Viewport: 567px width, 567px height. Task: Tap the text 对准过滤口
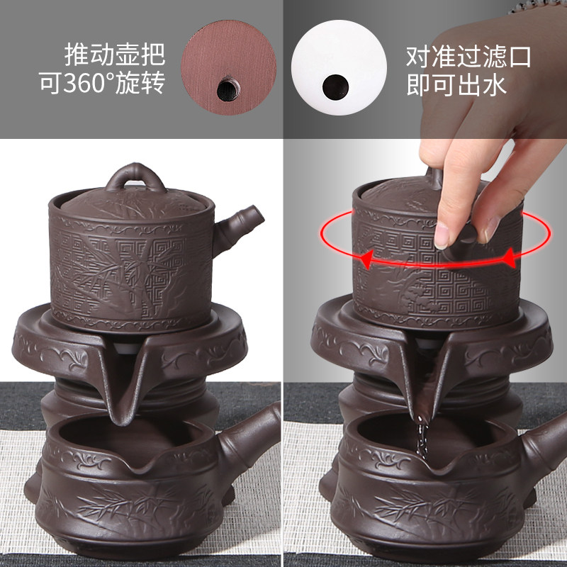click(x=468, y=57)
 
